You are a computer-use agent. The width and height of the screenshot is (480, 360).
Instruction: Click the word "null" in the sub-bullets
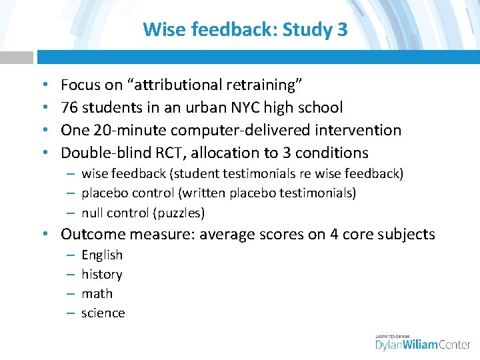click(x=92, y=213)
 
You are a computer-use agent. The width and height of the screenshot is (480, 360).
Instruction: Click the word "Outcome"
click(x=92, y=234)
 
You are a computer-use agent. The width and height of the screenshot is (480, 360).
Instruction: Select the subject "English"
click(x=102, y=255)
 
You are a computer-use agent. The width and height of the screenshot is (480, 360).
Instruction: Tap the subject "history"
click(x=102, y=274)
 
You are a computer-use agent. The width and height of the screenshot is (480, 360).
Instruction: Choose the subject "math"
click(x=97, y=293)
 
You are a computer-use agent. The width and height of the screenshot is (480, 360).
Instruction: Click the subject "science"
click(x=103, y=313)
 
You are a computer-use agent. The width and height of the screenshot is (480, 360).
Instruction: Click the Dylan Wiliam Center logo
click(x=423, y=343)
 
